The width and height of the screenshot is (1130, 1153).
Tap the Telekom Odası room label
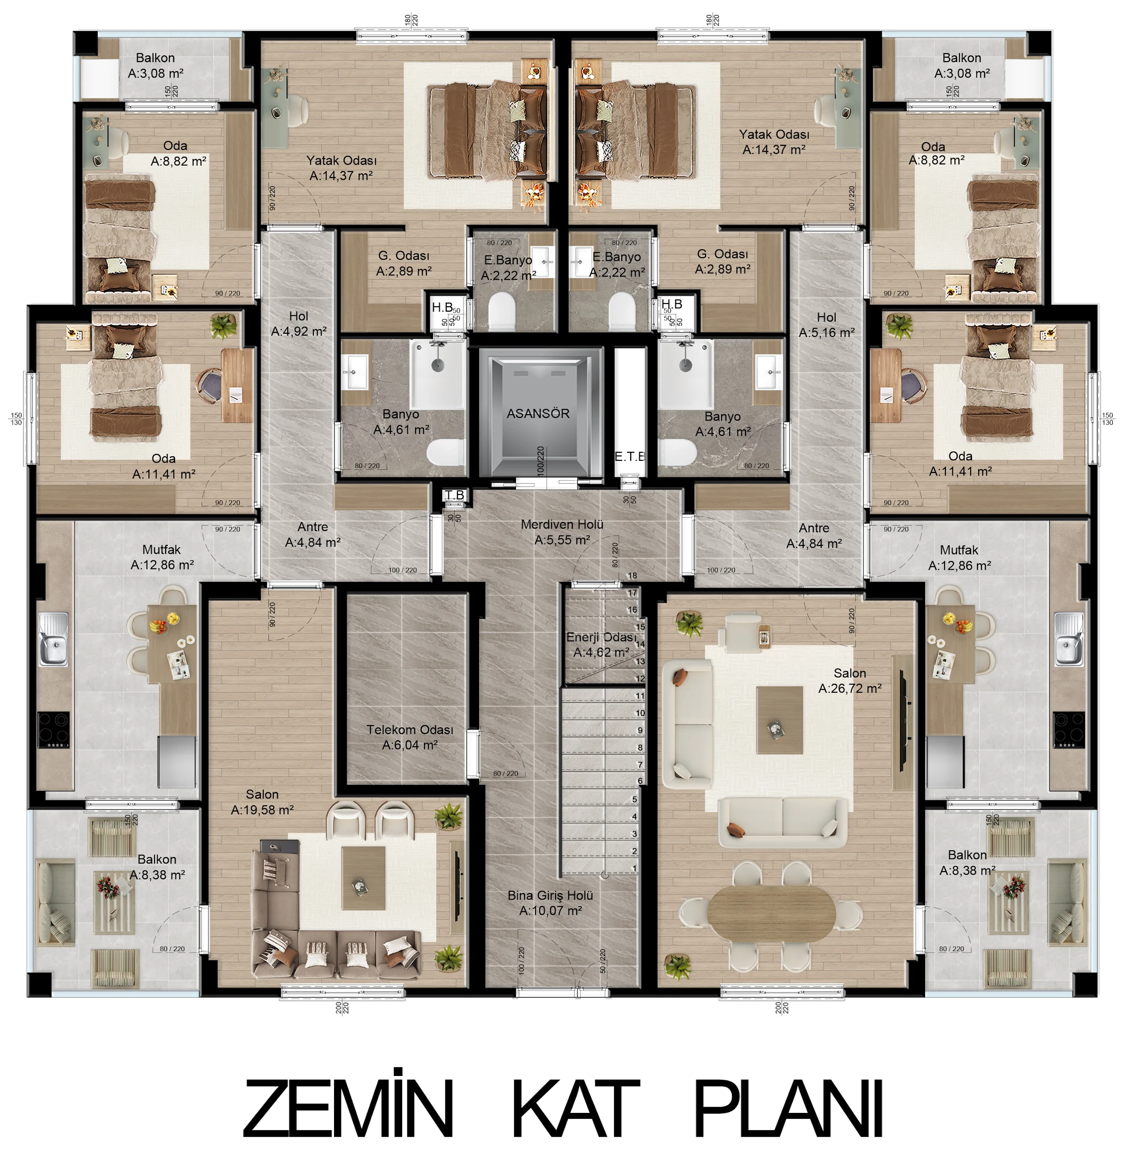pos(410,730)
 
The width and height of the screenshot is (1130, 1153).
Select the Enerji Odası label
pos(601,637)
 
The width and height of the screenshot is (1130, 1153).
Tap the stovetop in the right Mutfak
pos(1068,730)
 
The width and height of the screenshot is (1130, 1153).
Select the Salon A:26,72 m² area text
pos(850,681)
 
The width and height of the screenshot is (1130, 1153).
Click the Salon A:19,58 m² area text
pos(262,802)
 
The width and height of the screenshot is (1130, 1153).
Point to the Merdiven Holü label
pos(562,524)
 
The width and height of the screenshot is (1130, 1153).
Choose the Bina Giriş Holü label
pos(550,895)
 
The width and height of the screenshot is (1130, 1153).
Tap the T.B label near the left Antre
pos(455,495)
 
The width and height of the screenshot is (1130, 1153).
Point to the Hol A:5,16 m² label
pos(827,325)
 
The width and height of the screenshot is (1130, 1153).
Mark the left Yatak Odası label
pos(341,160)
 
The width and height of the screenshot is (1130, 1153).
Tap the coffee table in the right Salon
pos(780,720)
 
